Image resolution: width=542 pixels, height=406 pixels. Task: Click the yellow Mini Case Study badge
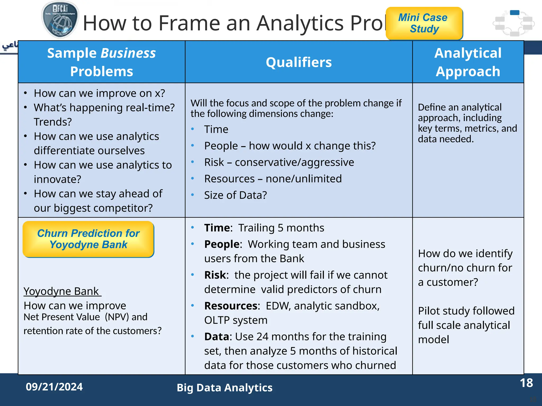(x=424, y=23)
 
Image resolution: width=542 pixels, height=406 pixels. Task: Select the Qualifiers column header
(x=299, y=62)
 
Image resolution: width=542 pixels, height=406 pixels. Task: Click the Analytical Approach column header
(x=468, y=62)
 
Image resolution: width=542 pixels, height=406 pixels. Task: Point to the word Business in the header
(x=129, y=53)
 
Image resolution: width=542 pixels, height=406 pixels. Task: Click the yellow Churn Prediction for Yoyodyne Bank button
(x=88, y=239)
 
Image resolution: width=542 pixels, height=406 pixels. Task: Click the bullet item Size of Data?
(x=235, y=195)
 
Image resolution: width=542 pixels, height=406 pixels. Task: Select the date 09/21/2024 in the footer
(x=54, y=387)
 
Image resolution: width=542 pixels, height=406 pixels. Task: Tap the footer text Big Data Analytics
(x=224, y=388)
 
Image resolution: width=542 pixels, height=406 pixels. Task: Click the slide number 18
(x=526, y=383)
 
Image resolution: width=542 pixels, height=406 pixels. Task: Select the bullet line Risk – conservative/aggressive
(x=279, y=162)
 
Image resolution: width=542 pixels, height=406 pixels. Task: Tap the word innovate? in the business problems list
(x=57, y=179)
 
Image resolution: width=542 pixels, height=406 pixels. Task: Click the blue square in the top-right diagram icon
(x=514, y=12)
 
